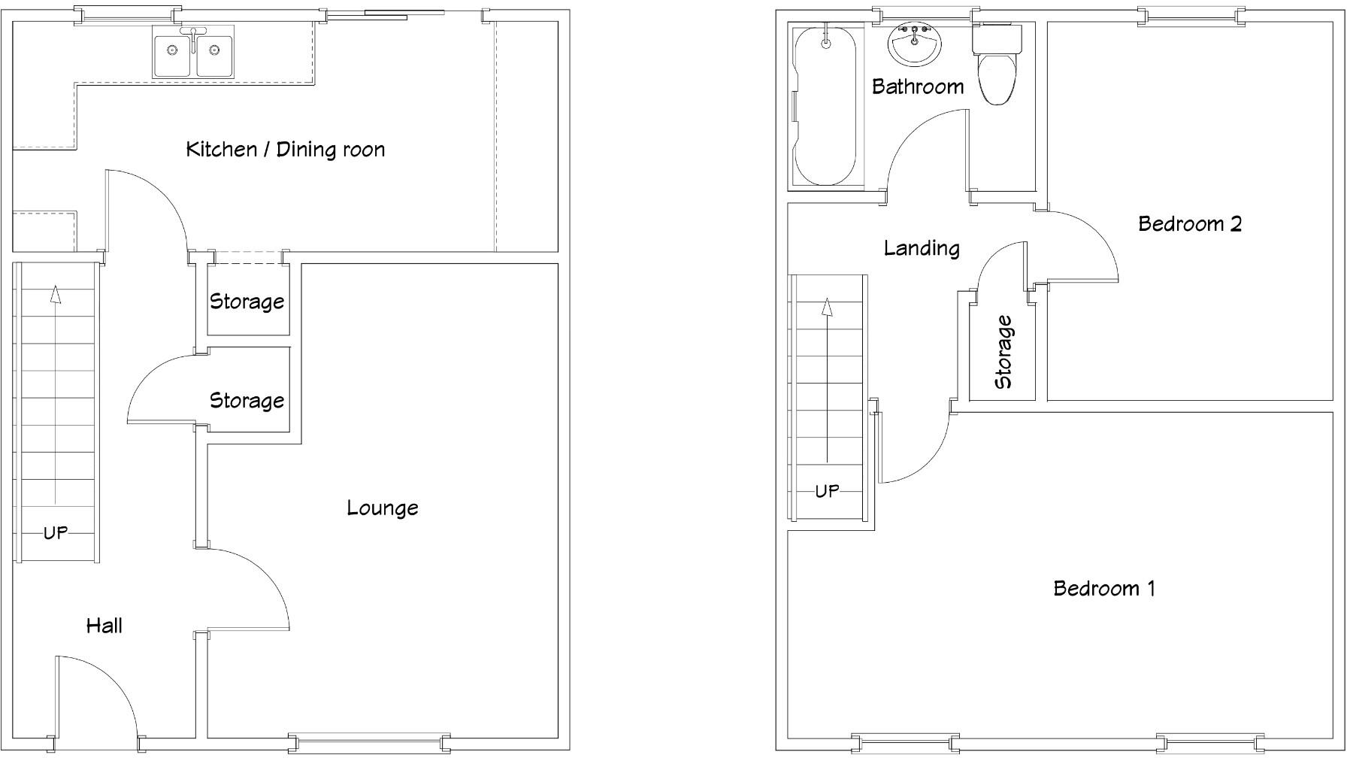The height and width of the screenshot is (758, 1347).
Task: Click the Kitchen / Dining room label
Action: [x=285, y=149]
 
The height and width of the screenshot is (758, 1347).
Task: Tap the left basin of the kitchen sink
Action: [x=172, y=51]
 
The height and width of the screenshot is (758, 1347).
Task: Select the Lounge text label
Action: [x=382, y=508]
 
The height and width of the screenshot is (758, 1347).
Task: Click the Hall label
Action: [x=104, y=625]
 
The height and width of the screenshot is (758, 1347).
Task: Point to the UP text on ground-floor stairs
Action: [x=56, y=532]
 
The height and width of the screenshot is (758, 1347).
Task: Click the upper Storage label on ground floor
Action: [x=247, y=302]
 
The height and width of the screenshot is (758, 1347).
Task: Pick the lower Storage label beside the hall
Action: [x=247, y=400]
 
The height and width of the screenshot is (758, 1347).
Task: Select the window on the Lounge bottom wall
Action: [x=369, y=743]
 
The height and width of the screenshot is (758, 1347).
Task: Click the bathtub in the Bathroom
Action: [x=825, y=105]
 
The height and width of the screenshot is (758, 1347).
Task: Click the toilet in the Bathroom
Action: [x=997, y=68]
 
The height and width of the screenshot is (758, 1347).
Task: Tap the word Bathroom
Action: [x=918, y=86]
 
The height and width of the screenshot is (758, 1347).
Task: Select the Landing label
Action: [x=922, y=247]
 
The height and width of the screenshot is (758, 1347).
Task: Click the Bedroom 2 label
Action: [x=1189, y=223]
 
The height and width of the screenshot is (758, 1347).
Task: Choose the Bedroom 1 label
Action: [x=1103, y=587]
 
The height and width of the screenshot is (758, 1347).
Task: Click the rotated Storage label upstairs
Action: [x=1003, y=352]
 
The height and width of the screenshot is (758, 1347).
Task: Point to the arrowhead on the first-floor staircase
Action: [x=827, y=306]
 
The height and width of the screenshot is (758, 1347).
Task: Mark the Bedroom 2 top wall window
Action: [x=1190, y=16]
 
